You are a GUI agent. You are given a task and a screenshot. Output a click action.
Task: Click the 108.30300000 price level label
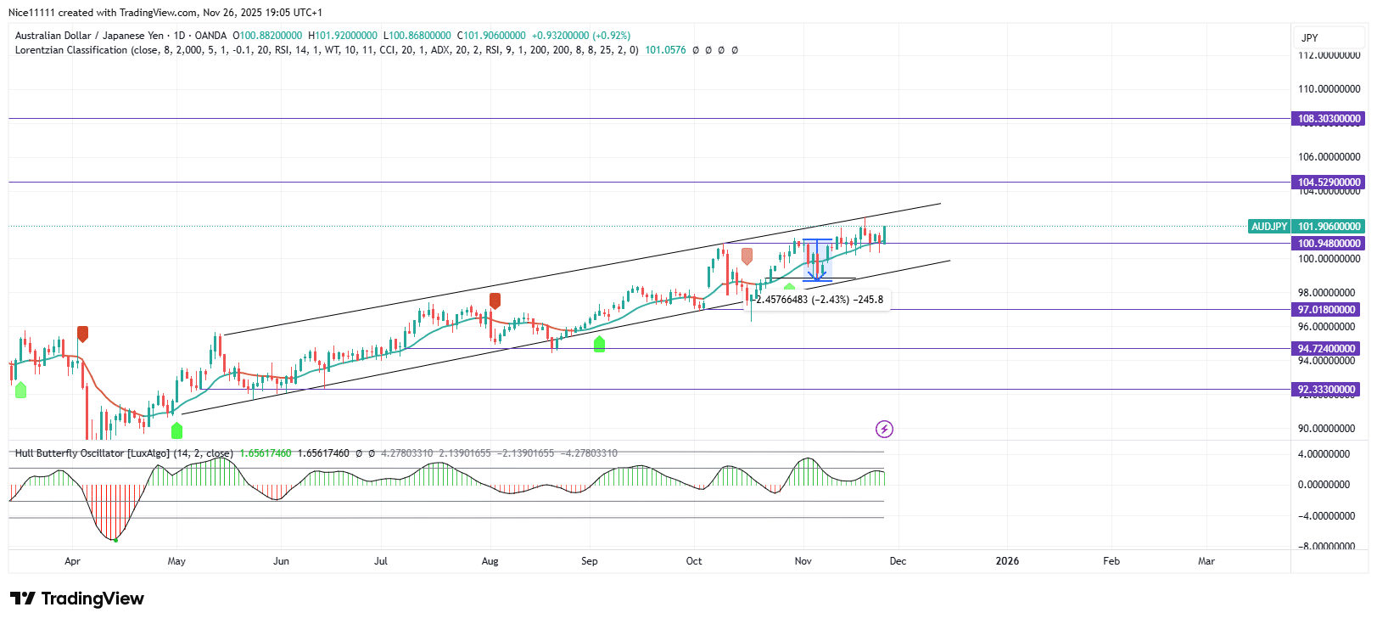[1329, 119]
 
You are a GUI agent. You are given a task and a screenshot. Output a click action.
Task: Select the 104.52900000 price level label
[1329, 183]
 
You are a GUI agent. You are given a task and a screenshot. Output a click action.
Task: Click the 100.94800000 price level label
[1329, 244]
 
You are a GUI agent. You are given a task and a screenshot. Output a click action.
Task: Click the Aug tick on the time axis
[490, 561]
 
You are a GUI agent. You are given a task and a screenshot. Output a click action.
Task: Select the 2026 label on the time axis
[1007, 561]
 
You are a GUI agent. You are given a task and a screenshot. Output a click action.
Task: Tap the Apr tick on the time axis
[72, 561]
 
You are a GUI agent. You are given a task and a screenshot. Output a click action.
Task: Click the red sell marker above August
[495, 301]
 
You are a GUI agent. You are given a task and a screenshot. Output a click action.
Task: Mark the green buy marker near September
[600, 344]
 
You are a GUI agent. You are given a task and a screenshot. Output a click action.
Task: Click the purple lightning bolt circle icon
[884, 429]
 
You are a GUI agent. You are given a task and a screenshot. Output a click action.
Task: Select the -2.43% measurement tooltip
[820, 300]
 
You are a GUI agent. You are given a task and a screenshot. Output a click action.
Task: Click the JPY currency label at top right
[1310, 37]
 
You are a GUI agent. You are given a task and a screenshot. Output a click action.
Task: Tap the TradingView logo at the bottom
[77, 599]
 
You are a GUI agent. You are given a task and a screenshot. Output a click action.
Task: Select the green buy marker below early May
[176, 430]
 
